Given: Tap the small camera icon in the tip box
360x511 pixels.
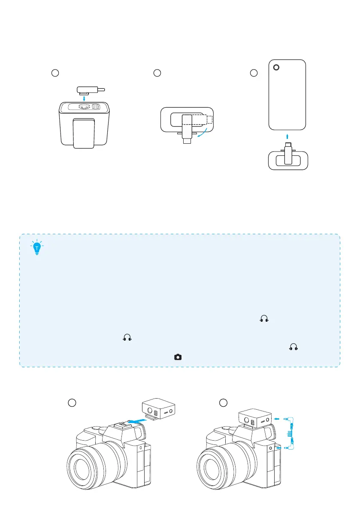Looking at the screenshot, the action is (x=178, y=357).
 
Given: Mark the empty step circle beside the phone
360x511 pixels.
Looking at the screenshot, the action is (x=254, y=73).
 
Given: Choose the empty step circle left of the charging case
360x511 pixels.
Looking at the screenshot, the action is (x=54, y=73).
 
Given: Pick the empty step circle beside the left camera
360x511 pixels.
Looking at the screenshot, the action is (x=73, y=402).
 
